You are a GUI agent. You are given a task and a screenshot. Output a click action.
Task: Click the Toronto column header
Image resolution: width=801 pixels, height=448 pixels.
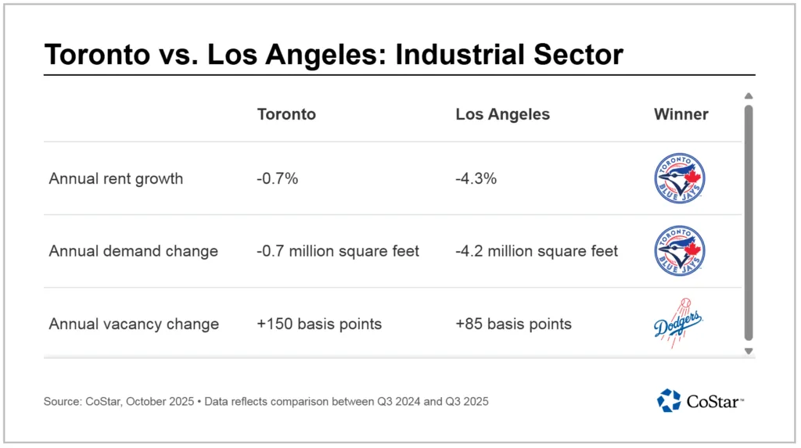[x=286, y=114]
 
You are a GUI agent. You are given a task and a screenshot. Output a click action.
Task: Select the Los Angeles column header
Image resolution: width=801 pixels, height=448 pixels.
[x=502, y=114]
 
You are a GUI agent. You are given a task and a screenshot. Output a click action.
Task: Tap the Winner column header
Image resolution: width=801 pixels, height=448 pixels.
[x=681, y=114]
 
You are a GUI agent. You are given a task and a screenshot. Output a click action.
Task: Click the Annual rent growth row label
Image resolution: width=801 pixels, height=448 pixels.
[x=116, y=178]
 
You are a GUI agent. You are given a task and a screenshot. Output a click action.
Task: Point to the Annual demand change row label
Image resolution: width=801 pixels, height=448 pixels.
[x=133, y=251]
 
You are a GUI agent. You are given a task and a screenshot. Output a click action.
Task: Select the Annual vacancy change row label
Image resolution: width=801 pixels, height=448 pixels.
[x=134, y=324]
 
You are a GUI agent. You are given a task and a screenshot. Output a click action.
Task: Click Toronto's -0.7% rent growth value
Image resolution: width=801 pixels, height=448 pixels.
[x=278, y=178]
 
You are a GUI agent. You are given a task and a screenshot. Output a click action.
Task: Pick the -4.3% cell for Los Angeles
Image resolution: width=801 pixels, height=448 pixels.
[x=476, y=178]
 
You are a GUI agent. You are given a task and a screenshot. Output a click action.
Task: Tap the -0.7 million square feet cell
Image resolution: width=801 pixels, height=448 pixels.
[x=338, y=251]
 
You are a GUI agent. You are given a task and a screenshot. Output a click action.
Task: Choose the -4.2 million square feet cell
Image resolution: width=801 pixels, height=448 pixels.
[x=537, y=251]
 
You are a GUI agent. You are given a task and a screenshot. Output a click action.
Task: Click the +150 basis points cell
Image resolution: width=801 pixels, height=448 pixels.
[x=319, y=324]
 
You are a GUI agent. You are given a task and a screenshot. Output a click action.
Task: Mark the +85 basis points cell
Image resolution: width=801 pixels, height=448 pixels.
[x=513, y=324]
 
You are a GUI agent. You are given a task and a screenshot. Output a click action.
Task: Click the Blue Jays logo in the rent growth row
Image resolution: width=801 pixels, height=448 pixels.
[x=680, y=179]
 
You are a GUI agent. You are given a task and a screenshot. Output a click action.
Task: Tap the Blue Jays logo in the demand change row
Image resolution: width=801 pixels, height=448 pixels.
[x=680, y=251]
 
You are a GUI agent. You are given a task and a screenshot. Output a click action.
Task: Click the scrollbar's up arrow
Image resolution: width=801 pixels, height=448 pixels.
[x=749, y=96]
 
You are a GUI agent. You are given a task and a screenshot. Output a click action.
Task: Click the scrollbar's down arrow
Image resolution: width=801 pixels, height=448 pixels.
[x=749, y=351]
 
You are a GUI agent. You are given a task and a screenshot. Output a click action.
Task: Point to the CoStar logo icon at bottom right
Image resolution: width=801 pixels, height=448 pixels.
[x=669, y=400]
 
